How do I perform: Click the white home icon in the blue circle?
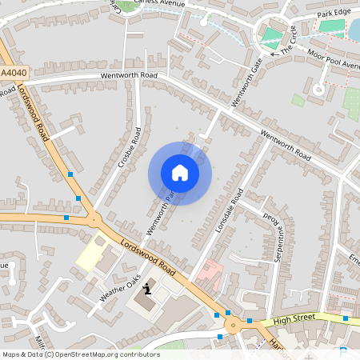[180, 172]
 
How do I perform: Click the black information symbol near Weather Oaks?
[147, 290]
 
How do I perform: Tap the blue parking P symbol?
[344, 353]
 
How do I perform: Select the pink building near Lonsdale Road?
[210, 274]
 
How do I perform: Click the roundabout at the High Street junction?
[234, 324]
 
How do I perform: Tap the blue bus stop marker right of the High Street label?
[345, 318]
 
